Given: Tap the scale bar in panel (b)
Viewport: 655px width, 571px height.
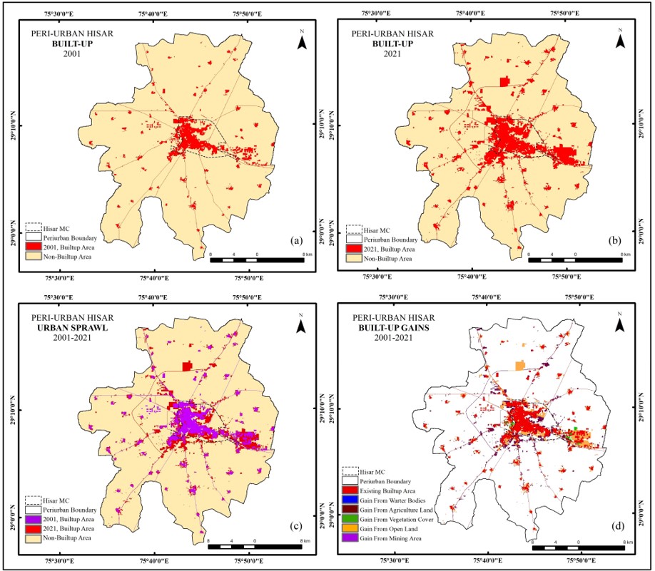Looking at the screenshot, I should (x=576, y=259).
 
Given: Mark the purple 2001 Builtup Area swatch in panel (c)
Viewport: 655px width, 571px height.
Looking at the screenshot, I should (x=33, y=520).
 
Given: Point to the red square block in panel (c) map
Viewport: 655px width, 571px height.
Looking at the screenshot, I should (x=188, y=366).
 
